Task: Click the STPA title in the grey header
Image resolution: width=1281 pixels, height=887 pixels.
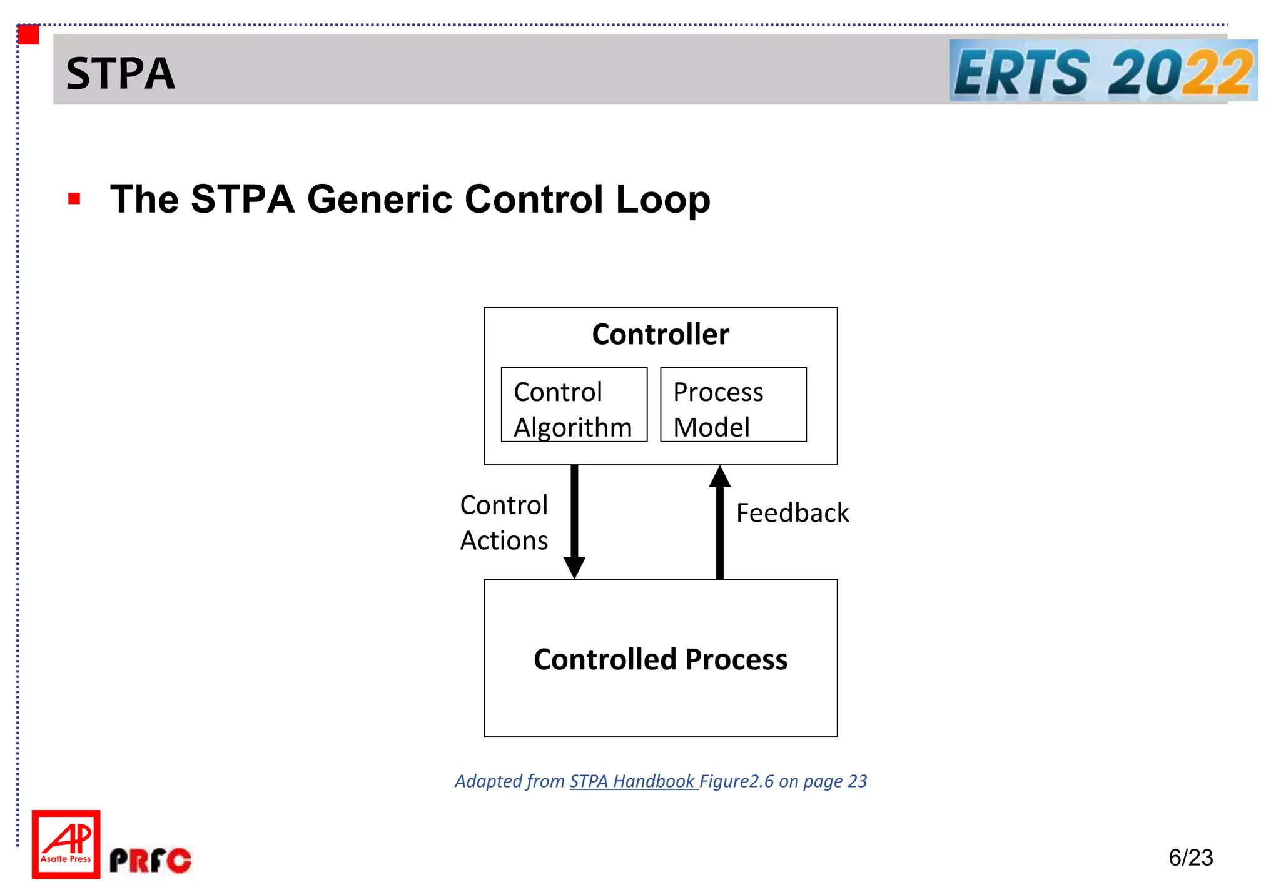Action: coord(120,73)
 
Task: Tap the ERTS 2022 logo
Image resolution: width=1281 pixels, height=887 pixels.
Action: coord(1103,71)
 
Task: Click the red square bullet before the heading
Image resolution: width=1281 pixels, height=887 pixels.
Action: coord(74,199)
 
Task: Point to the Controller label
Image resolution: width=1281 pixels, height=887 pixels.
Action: coord(660,334)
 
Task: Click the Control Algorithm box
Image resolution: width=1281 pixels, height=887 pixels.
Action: coord(574,405)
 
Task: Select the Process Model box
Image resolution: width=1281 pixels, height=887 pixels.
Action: coord(732,405)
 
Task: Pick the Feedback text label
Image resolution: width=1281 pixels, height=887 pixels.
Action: coord(792,513)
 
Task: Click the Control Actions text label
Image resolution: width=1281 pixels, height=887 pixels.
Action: coord(504,522)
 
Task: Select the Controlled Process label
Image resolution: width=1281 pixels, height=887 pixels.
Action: coord(660,659)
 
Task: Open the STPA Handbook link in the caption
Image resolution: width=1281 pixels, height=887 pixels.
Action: coord(632,781)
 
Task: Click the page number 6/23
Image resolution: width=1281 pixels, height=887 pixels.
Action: coord(1190,857)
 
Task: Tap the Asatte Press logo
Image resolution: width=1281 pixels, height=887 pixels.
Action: coord(66,844)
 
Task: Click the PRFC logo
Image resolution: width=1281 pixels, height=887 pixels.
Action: coord(150,860)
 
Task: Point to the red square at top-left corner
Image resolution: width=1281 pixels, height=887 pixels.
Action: coord(29,34)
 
